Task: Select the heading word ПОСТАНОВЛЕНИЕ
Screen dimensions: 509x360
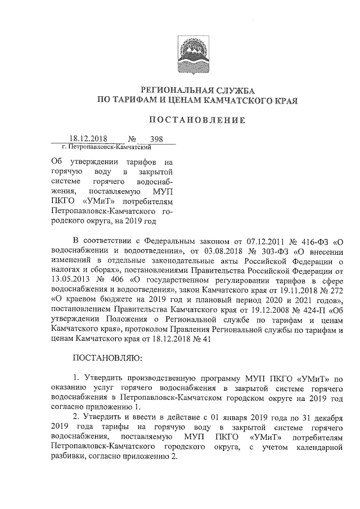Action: point(197,120)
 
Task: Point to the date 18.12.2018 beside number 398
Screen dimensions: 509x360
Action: point(88,138)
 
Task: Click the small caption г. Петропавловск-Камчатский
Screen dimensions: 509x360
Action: point(109,147)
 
